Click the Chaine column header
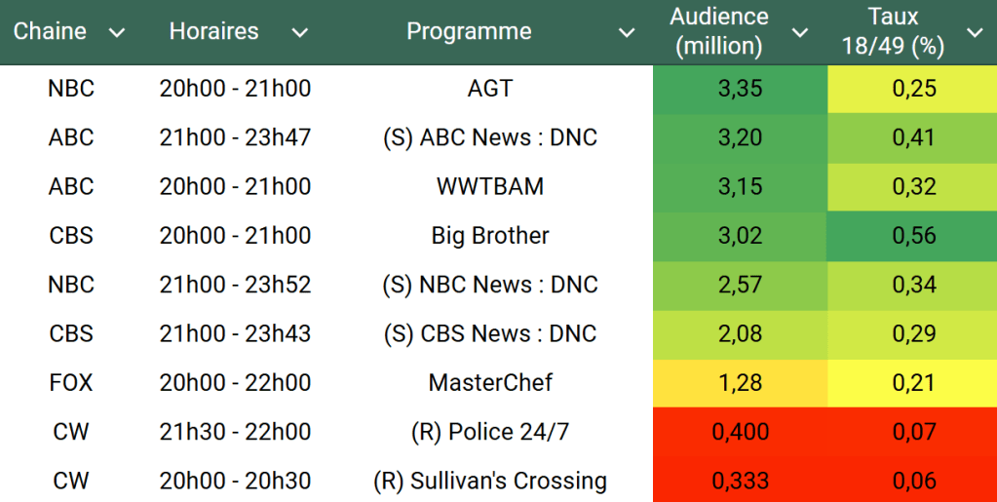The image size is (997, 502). point(50,31)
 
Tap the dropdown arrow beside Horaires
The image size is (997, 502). point(300,33)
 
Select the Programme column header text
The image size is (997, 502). point(469,31)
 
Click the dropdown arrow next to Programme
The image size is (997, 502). point(627,33)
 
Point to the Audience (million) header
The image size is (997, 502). point(719,31)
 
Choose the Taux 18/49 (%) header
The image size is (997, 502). point(894,31)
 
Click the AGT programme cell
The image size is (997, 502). point(490,89)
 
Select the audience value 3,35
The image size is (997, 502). point(740,89)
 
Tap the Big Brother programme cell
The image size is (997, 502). point(490,236)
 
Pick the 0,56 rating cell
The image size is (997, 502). point(913,236)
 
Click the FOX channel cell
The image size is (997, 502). point(71,383)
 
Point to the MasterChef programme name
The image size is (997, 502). point(490,383)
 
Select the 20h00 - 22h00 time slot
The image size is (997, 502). point(235,383)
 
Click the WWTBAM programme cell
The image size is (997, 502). point(490,187)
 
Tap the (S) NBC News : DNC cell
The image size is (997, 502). point(490,285)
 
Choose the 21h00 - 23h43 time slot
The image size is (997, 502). point(235,334)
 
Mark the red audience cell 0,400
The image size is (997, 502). point(740,432)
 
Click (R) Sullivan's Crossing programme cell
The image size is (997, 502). point(490,482)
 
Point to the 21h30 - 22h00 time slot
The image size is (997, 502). point(235,432)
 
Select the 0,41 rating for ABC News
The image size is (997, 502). point(913,137)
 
